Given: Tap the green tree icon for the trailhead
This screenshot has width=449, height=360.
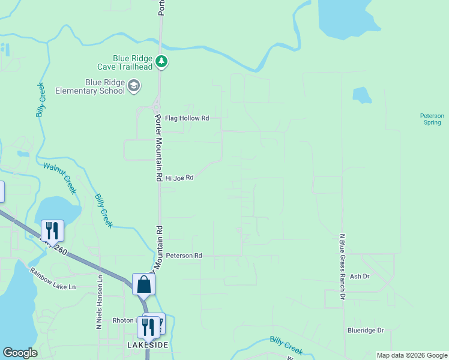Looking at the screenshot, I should pyautogui.click(x=161, y=61).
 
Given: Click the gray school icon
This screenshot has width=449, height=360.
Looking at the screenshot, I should pyautogui.click(x=134, y=87).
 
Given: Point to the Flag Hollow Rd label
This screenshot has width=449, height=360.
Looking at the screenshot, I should pyautogui.click(x=187, y=118).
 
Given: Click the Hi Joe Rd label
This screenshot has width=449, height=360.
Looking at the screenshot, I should pyautogui.click(x=179, y=178).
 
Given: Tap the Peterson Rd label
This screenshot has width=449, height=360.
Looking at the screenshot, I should pyautogui.click(x=184, y=256).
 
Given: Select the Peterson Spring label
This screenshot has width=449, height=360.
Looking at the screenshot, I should pyautogui.click(x=432, y=119).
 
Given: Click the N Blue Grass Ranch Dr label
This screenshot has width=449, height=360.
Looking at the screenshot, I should pyautogui.click(x=342, y=266).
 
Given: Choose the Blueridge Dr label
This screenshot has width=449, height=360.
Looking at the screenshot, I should pyautogui.click(x=365, y=330).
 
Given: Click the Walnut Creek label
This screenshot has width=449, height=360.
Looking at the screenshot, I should pyautogui.click(x=60, y=178).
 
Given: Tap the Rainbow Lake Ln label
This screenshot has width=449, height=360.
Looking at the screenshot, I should pyautogui.click(x=53, y=278).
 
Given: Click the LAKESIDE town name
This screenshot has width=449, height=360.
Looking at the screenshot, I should pyautogui.click(x=147, y=345).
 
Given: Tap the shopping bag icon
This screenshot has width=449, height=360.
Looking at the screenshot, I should pyautogui.click(x=144, y=284).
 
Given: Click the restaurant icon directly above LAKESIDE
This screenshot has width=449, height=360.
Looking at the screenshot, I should pyautogui.click(x=148, y=326).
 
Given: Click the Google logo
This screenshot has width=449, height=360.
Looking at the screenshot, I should pyautogui.click(x=20, y=353).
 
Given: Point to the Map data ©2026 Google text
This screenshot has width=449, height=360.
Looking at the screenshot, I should pyautogui.click(x=411, y=355).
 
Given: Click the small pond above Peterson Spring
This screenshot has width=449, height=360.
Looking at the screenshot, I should pyautogui.click(x=362, y=95).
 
